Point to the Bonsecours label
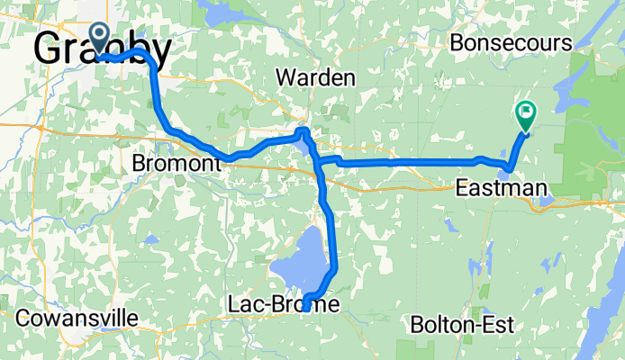(x=512, y=43)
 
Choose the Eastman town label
(x=501, y=188)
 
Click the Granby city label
(x=102, y=50)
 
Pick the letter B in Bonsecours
(x=457, y=43)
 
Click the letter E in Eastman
(x=461, y=188)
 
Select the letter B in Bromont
(x=138, y=164)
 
